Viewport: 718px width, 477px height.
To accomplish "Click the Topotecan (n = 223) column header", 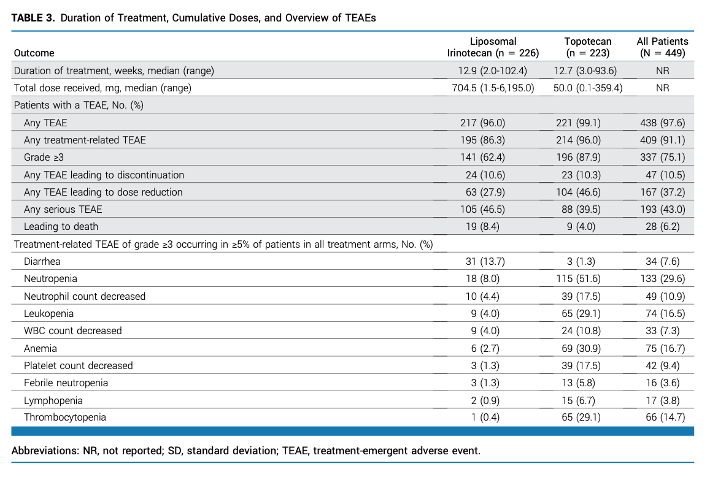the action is tap(587, 47).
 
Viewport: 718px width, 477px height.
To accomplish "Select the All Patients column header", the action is tap(663, 47).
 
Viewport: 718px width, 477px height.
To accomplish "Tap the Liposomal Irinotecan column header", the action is tap(493, 47).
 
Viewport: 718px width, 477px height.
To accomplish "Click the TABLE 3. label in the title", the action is tap(33, 18).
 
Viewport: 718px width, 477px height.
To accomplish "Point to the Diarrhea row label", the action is tap(42, 261).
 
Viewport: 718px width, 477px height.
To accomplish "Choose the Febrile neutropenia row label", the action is tap(66, 383).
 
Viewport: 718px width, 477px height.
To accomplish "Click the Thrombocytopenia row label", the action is tap(65, 417).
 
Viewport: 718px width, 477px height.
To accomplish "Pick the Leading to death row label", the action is tap(61, 226).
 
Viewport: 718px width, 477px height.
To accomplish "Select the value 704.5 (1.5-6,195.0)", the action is tap(493, 88).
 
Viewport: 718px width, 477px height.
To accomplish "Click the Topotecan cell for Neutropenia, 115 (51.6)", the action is tap(578, 278).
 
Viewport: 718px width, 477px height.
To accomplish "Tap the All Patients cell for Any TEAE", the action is tap(663, 123).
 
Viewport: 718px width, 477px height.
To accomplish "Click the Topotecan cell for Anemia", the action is tap(581, 348).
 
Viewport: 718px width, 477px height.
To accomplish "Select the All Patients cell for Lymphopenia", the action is tap(665, 400).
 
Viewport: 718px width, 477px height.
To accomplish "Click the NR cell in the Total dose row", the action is tap(663, 88).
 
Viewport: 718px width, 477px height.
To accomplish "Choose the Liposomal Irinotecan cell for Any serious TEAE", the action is tap(482, 209).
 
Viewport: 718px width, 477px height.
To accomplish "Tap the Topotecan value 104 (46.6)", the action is tap(578, 192).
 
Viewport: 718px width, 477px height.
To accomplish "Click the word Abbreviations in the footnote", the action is tap(44, 451).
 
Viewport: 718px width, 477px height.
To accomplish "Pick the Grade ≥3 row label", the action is tap(44, 158).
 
